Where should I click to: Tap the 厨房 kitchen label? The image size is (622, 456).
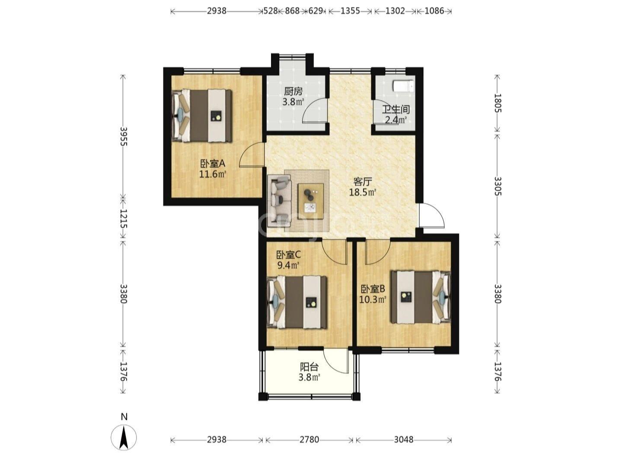(x=293, y=91)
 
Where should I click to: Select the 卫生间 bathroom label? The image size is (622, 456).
(x=396, y=110)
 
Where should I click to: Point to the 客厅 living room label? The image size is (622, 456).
(x=363, y=182)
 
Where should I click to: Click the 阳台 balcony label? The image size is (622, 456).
(x=309, y=367)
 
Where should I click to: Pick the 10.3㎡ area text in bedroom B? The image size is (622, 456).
(x=373, y=300)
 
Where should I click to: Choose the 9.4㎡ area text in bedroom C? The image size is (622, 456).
(x=288, y=266)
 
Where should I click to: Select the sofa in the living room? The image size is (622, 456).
(x=279, y=201)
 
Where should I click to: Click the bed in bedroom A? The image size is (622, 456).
(x=202, y=116)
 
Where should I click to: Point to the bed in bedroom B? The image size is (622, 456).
(x=421, y=297)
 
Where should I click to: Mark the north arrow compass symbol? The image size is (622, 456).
(x=124, y=437)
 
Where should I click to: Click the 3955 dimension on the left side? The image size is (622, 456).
(x=123, y=136)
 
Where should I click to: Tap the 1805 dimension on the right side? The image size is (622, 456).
(x=498, y=103)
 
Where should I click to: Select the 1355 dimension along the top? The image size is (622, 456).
(x=350, y=11)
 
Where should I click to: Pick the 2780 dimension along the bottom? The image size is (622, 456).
(x=309, y=439)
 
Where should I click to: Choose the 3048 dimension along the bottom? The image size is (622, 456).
(x=403, y=439)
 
